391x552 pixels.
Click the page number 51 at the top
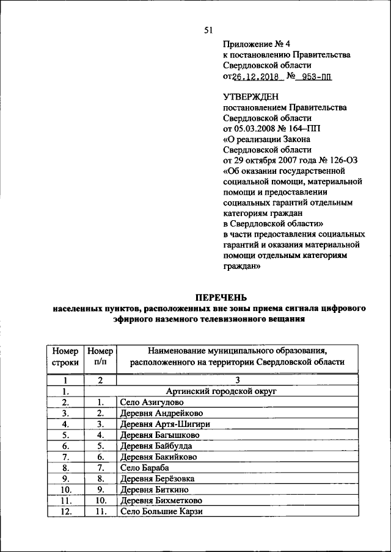pos(208,30)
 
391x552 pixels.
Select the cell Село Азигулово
pos(152,403)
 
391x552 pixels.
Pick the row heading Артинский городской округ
pos(226,392)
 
